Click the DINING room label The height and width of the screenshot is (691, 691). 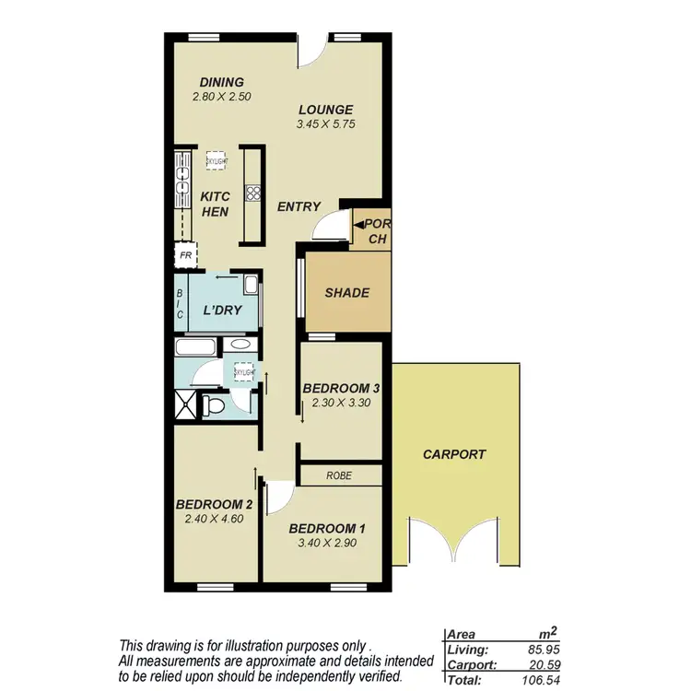(221, 82)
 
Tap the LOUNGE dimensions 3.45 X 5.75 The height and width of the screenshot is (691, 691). (325, 123)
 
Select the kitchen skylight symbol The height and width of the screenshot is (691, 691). (217, 158)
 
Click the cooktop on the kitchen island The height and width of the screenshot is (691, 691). (252, 193)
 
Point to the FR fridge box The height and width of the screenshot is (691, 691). (185, 255)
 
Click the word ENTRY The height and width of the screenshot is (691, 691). (299, 207)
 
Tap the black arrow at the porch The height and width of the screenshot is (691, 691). (357, 223)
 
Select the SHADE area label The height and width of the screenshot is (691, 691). (346, 293)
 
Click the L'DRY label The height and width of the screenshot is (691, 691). (222, 310)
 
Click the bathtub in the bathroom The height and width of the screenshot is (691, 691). (195, 348)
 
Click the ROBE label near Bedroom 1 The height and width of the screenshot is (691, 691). (340, 475)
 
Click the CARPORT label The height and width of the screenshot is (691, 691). (454, 454)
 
